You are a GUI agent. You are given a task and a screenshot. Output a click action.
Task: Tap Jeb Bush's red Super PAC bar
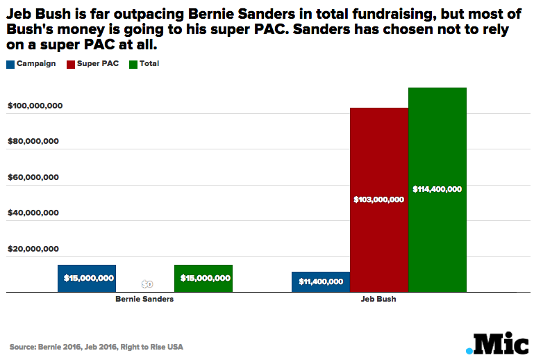point(378,160)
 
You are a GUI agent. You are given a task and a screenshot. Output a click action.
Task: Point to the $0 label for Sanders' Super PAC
point(147,284)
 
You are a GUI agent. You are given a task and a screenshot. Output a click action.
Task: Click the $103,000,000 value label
point(378,199)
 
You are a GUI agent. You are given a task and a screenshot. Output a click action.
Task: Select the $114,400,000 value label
point(437,189)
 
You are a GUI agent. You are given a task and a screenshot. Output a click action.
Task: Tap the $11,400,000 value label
point(321,281)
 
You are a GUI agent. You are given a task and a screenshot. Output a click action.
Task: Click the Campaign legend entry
point(31,64)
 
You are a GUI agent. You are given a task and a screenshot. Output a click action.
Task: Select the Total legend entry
point(144,64)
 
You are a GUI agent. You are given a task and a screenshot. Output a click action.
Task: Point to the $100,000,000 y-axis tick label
point(35,106)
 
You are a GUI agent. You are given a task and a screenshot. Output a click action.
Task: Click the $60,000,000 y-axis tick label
point(33,177)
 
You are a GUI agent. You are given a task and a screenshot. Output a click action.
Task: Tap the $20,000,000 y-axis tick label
point(33,249)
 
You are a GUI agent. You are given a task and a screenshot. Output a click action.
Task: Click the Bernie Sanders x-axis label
point(144,300)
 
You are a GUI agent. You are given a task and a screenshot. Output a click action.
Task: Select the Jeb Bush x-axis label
point(378,300)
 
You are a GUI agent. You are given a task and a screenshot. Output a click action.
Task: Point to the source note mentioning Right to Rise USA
point(97,346)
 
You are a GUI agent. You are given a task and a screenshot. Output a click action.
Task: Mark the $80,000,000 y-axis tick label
point(33,141)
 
